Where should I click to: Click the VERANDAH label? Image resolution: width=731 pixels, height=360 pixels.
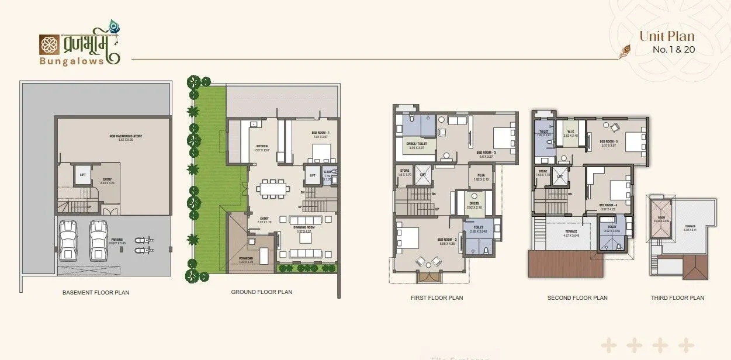247,260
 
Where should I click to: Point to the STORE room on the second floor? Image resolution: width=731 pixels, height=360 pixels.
542,173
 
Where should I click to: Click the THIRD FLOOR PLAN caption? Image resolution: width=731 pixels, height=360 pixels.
677,298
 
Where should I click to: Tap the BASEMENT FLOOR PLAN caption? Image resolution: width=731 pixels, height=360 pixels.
96,292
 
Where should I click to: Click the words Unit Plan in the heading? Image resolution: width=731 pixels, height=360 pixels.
667,36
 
